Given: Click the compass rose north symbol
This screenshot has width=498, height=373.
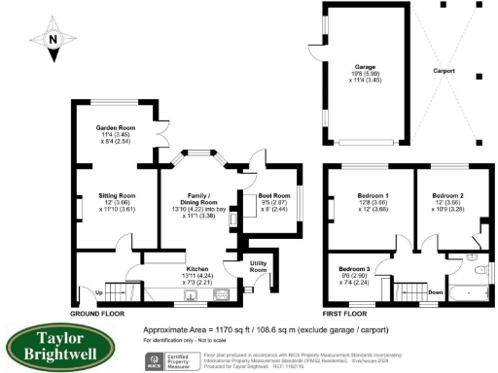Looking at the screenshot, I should click(53, 39).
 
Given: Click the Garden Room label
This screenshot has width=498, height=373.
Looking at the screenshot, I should click(114, 128).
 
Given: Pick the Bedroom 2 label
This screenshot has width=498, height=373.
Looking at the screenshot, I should click(447, 196).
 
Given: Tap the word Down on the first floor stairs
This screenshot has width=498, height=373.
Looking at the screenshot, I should click(409, 290).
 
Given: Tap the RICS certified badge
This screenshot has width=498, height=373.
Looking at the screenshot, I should click(169, 359).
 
